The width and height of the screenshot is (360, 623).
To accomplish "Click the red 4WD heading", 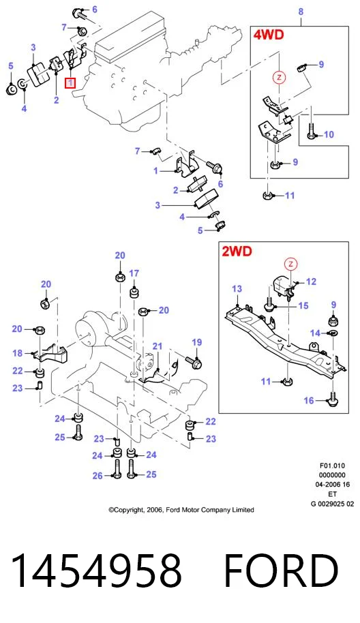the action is (x=269, y=35).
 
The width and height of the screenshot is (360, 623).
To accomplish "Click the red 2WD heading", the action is (x=237, y=251).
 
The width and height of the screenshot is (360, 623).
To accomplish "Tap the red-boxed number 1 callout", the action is (x=70, y=83).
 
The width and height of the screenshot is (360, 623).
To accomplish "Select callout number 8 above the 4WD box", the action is (x=301, y=12).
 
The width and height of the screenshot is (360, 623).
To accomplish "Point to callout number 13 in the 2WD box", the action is (x=237, y=288).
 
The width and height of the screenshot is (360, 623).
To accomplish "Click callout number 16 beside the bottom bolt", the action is (x=309, y=401).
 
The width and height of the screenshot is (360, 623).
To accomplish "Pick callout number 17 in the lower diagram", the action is (x=134, y=273).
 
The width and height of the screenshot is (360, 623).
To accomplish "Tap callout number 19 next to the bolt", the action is (x=196, y=342).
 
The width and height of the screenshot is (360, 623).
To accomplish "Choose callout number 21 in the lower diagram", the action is (x=157, y=346).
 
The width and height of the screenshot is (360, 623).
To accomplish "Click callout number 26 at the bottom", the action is (x=97, y=476).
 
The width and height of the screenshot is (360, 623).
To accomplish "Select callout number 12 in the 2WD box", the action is (x=311, y=282).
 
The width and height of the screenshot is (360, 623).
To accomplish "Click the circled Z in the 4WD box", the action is (x=279, y=77).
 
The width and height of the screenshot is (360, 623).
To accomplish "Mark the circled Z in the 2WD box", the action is (x=291, y=264).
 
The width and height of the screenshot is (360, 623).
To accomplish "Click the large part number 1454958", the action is (x=96, y=571).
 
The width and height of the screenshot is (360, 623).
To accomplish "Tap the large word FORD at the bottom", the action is (x=282, y=571).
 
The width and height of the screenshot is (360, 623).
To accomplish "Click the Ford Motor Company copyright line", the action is (x=181, y=510).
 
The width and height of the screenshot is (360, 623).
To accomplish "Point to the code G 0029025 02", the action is (x=332, y=504).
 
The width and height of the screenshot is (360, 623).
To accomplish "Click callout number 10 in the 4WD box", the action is (x=329, y=134).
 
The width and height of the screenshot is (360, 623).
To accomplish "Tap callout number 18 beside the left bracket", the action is (x=18, y=353).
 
